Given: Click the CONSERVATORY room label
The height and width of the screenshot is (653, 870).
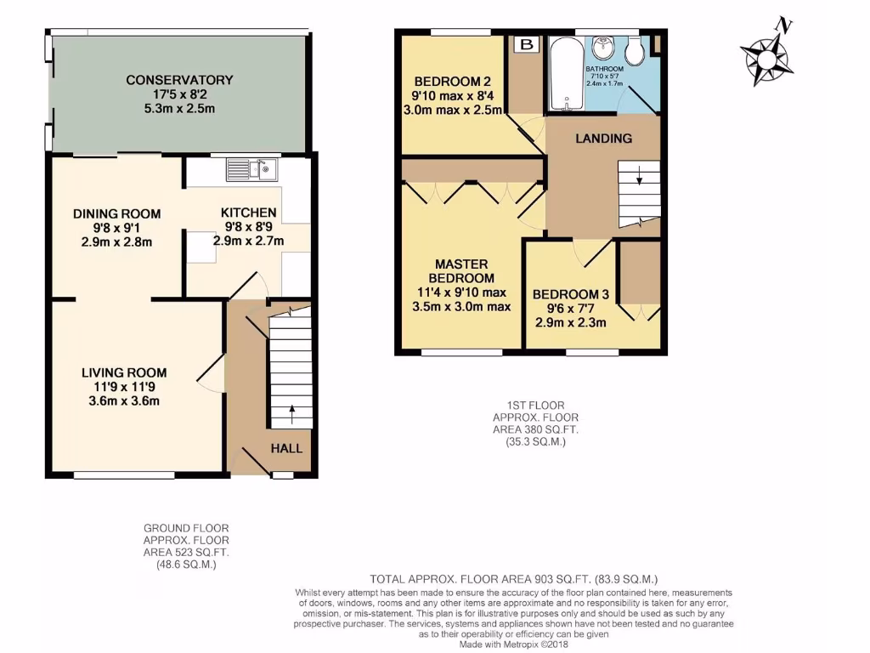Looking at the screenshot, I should coord(179,80).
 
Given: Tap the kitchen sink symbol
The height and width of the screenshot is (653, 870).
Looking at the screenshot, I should coord(251,170).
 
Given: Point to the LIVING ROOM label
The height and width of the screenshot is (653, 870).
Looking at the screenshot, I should coord(124,372).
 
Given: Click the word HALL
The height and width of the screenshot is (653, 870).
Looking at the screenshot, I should coord(286,448).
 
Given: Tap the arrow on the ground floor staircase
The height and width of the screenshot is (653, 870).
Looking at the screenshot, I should coord(292,414).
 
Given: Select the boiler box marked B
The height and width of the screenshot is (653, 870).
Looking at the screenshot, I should coord(526,44).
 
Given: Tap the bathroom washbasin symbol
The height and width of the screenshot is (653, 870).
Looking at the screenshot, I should coord(604,44).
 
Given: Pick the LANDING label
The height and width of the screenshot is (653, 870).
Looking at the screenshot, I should coord(603,139).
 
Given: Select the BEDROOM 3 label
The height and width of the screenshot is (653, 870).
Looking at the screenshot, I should coord(569,294).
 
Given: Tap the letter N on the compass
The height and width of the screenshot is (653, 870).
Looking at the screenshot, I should coord(786,26).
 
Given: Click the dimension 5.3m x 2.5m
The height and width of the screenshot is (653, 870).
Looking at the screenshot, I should coord(179,109).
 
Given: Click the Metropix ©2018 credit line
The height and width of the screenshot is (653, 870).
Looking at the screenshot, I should coord(514,644).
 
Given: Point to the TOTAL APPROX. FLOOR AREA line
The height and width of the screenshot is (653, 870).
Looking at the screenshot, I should coord(514,579).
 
